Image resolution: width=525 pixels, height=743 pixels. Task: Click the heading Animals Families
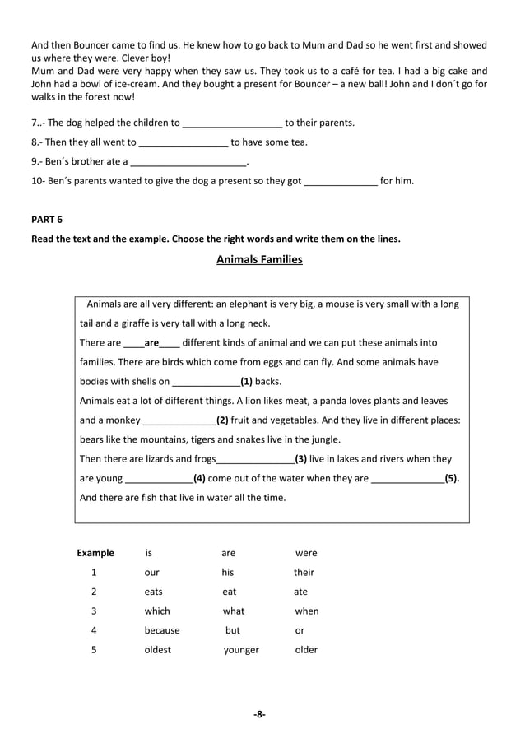[x=259, y=260]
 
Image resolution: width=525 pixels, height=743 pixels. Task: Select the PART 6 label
[x=46, y=219]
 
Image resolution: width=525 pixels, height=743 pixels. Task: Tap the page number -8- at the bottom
[x=259, y=714]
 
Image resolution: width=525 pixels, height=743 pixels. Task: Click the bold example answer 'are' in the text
[x=151, y=342]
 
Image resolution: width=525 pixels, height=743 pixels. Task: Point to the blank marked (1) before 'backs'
[x=205, y=382]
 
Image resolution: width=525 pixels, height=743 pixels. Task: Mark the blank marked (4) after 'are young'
[x=158, y=478]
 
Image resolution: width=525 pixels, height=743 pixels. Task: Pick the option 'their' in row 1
[x=304, y=572]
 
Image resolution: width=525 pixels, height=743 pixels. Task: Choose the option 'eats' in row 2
[x=153, y=592]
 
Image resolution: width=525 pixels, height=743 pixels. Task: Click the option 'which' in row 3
[x=156, y=611]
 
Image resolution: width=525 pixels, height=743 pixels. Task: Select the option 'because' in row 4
[x=161, y=630]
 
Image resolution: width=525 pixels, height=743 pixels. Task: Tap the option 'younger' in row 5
[x=241, y=650]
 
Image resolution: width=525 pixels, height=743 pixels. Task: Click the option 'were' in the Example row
[x=305, y=553]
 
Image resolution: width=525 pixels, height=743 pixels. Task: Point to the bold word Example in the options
[x=95, y=553]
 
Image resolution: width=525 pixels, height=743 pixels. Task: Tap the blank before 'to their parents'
[x=232, y=123]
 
